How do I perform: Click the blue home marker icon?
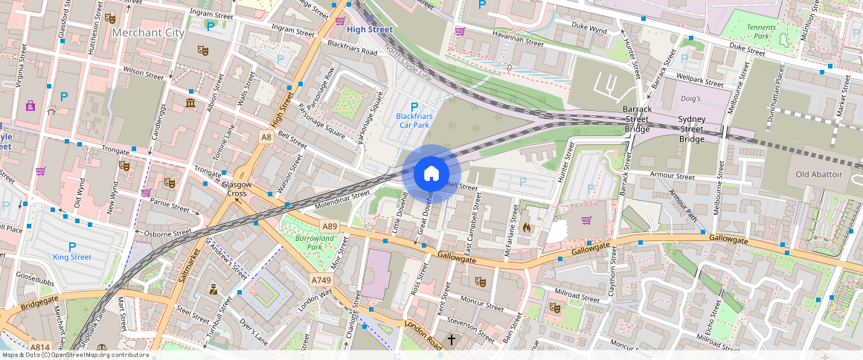(x=431, y=173)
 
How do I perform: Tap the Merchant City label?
(x=147, y=33)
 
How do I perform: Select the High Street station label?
(x=370, y=30)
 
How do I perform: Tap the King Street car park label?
(x=72, y=257)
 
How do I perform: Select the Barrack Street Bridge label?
(x=637, y=119)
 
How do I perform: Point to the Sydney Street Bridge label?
(x=691, y=129)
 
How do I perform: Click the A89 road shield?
(x=330, y=225)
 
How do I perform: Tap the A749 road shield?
(x=321, y=280)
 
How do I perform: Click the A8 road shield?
(x=266, y=137)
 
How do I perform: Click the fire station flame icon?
(x=527, y=227)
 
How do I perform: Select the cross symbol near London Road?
(x=451, y=340)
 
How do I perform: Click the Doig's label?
(x=691, y=98)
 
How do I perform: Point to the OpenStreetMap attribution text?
(x=76, y=355)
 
